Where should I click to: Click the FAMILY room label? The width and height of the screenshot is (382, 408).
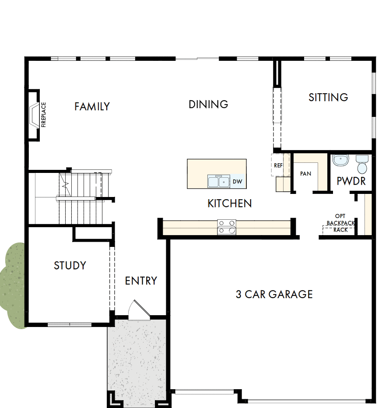point(92,106)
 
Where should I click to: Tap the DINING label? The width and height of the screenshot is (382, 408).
point(208,104)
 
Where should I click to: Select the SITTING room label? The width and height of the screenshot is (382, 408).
point(328,97)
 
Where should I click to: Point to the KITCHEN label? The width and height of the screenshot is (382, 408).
point(229,203)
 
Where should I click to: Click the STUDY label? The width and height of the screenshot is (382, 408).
point(70,265)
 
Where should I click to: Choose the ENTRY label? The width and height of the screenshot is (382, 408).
point(141,281)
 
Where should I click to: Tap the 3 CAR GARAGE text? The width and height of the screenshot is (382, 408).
point(274,294)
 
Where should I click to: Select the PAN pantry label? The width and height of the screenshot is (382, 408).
point(305,174)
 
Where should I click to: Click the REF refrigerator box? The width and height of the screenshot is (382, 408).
point(278,165)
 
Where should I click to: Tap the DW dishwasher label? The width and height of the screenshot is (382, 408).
point(237,181)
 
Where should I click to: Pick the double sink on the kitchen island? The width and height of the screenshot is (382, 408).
point(219,181)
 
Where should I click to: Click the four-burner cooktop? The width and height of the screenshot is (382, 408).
point(227,227)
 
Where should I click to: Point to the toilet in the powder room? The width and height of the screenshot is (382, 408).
point(362,164)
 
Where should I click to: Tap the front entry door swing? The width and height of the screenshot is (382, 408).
point(139,310)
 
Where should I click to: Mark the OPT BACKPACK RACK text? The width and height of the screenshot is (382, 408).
point(340,223)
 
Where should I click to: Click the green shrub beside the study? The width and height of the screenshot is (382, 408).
point(13,285)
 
